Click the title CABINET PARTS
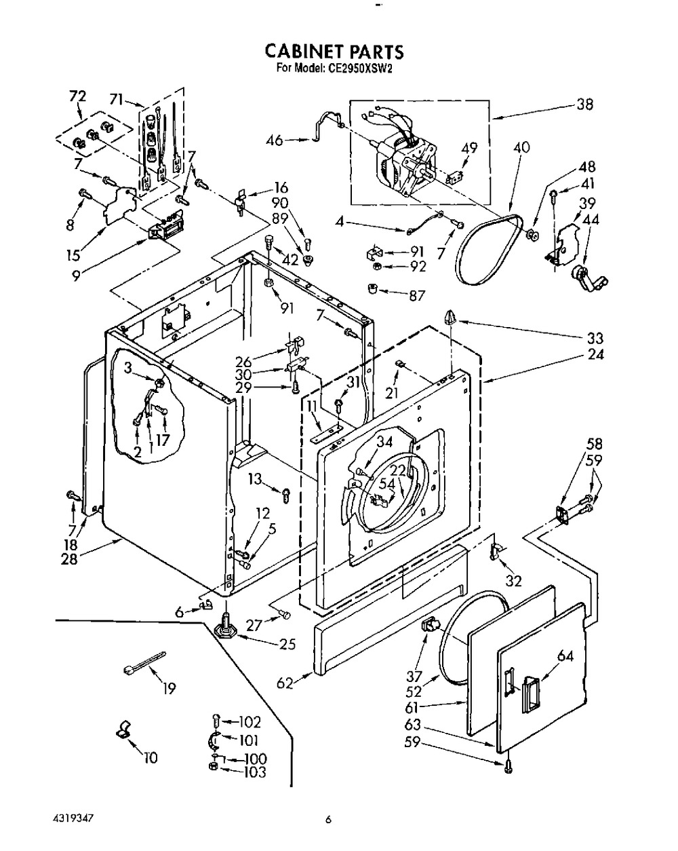(334, 52)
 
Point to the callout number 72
(77, 96)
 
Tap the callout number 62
(285, 683)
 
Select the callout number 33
(595, 338)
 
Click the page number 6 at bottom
(328, 820)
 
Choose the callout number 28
(70, 560)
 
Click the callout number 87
(417, 295)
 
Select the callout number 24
(595, 354)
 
